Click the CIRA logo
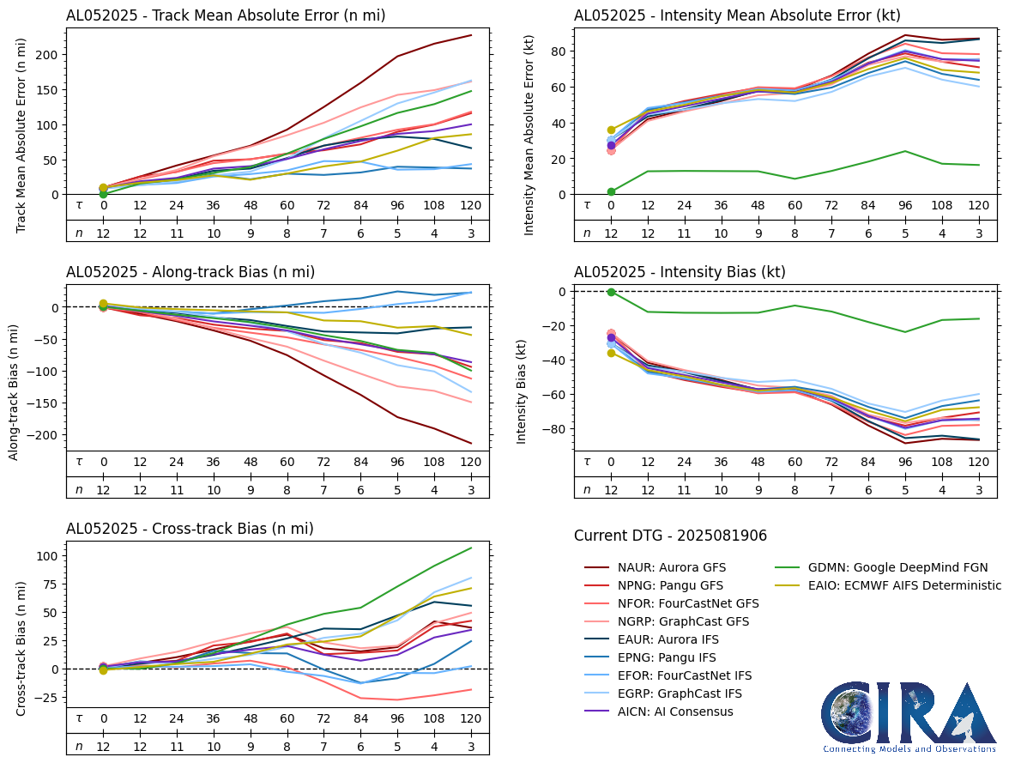(909, 717)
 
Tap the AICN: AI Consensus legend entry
(674, 711)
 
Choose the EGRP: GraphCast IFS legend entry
(678, 693)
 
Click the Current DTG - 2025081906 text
(670, 536)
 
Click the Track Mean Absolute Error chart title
(226, 15)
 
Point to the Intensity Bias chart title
(680, 272)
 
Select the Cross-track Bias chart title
(190, 529)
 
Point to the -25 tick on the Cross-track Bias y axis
(46, 698)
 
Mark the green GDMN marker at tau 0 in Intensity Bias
(611, 292)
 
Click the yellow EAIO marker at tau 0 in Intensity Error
(611, 130)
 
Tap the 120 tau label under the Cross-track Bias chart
(469, 719)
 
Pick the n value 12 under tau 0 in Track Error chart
(103, 233)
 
